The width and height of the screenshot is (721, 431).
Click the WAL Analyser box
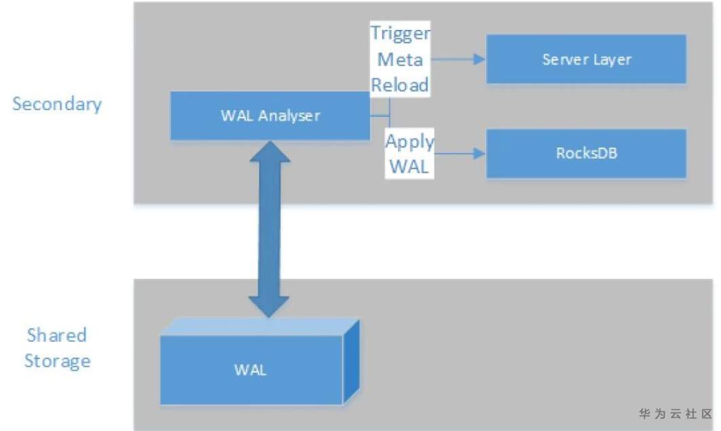click(x=270, y=116)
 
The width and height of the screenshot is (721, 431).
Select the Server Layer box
click(x=586, y=59)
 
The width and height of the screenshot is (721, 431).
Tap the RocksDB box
click(x=586, y=153)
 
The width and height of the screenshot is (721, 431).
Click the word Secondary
click(x=57, y=104)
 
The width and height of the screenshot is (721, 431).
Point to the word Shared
click(x=57, y=335)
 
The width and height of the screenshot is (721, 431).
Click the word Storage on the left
click(x=57, y=360)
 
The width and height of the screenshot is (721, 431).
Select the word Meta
click(x=400, y=60)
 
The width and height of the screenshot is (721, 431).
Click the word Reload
click(x=400, y=85)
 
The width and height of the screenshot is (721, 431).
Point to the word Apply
click(x=409, y=141)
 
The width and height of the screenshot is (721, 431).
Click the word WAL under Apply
click(x=409, y=167)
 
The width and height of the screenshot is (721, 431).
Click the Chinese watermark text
click(x=676, y=413)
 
